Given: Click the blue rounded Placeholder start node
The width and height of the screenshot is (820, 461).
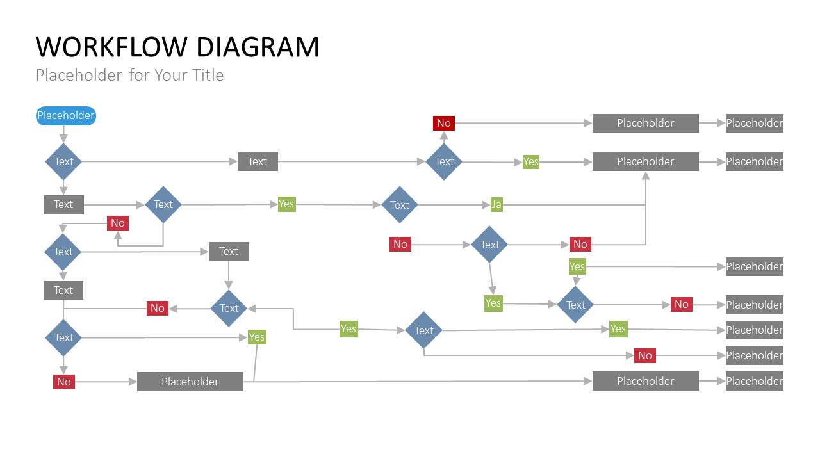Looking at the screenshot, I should pos(65,116).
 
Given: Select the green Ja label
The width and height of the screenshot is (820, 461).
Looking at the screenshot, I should pos(496,205).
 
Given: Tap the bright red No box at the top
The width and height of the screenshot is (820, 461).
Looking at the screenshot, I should pos(443,123).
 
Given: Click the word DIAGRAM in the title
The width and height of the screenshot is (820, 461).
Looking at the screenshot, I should pos(258,47).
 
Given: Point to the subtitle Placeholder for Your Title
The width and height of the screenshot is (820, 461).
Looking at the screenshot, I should pos(129,75).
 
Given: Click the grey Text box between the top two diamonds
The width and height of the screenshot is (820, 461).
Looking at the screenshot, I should pos(258,161).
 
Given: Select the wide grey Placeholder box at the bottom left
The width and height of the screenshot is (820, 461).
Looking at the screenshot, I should pos(190,382).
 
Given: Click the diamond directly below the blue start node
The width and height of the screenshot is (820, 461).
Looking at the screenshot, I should pos(63,161).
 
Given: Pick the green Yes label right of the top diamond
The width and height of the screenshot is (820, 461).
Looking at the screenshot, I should pos(530,161).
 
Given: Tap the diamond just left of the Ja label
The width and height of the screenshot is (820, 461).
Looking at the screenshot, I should pos(399,205).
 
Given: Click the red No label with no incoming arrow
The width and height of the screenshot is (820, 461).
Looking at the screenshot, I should pos(400,244).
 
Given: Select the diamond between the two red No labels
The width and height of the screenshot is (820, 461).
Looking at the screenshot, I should pos(489,244).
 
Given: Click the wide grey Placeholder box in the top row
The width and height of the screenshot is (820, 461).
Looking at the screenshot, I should pos(645,123).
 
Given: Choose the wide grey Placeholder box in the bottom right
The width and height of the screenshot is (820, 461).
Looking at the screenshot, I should pos(645,381).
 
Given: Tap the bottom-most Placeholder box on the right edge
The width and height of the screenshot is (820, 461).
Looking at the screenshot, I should pos(754,381).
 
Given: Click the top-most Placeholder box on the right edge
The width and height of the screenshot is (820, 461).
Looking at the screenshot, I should pos(754,123).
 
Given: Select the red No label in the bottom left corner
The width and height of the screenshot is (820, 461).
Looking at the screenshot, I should pos(64,382).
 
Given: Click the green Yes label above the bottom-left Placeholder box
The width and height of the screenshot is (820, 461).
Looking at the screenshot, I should pos(256,337).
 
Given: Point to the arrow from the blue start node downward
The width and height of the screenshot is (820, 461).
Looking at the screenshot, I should pos(63,134).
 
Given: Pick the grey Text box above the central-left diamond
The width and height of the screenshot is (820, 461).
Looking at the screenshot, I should pos(229,251).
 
